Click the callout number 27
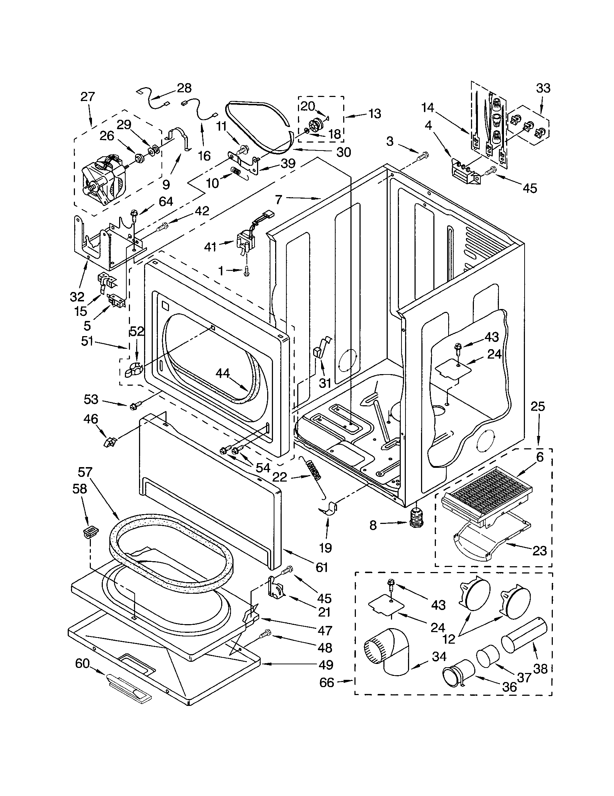[88, 97]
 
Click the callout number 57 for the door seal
[85, 473]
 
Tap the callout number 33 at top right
[543, 88]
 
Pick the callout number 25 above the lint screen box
[538, 406]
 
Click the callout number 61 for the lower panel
[321, 567]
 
